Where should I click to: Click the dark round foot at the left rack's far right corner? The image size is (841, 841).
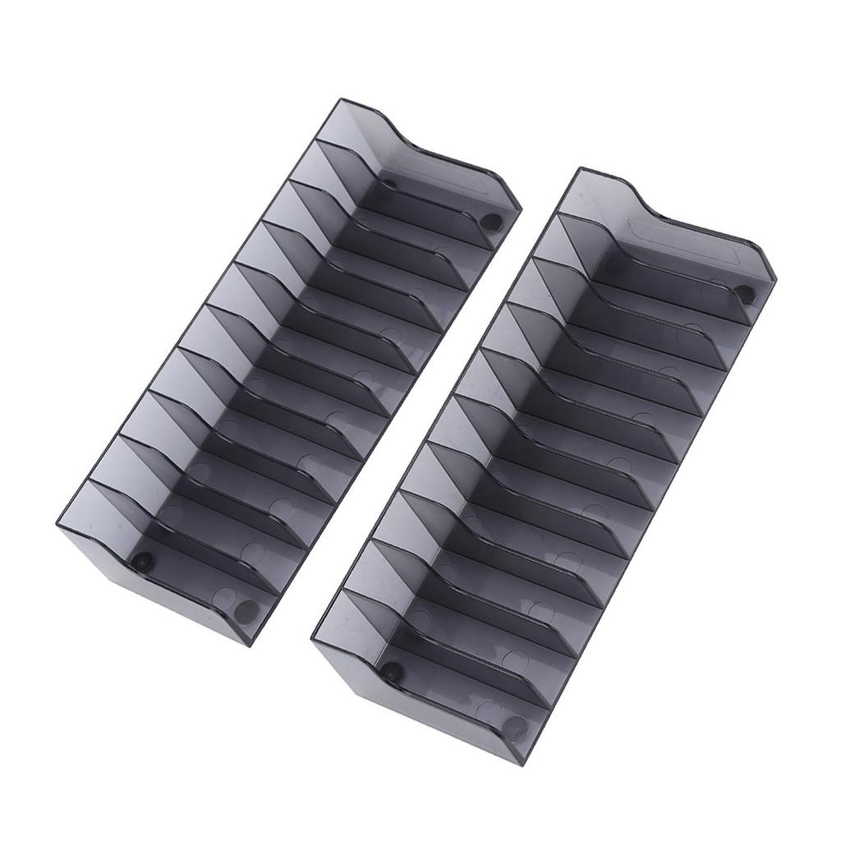coord(490,222)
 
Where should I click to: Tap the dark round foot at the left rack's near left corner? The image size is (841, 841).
coord(143,562)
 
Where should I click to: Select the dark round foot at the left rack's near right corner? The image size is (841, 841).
coord(245,611)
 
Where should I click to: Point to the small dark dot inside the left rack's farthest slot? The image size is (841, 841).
coord(388,185)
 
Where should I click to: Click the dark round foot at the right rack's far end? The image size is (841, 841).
coord(743,293)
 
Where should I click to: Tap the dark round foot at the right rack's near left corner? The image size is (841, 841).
coord(392,671)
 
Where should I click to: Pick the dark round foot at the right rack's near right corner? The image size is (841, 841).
coord(515,726)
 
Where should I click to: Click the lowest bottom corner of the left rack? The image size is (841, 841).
coord(249,645)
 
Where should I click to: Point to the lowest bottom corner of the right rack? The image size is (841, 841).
coord(521,764)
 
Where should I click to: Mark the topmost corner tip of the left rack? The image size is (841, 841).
coord(341,100)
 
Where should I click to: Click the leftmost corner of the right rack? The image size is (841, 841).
coord(313,638)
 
